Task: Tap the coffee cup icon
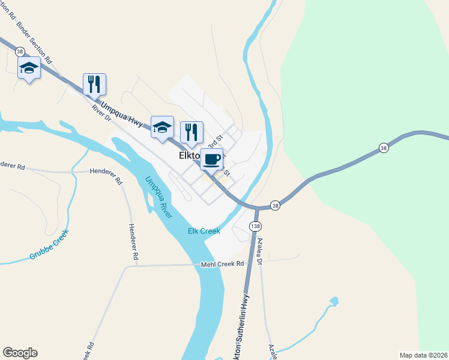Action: click(211, 160)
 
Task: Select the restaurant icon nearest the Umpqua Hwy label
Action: click(94, 84)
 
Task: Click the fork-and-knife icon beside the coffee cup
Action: click(191, 132)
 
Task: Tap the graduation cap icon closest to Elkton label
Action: click(162, 127)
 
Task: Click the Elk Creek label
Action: click(204, 231)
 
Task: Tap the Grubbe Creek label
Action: click(49, 246)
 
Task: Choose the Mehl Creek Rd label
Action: click(223, 263)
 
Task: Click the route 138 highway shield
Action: click(256, 226)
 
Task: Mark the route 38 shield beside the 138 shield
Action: click(274, 205)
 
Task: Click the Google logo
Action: click(20, 353)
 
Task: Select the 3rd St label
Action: click(214, 143)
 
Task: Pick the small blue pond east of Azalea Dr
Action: click(334, 300)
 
